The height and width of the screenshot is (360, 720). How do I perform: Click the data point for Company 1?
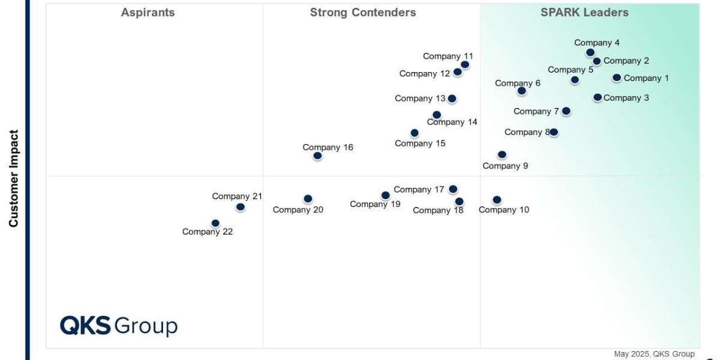[x=617, y=77]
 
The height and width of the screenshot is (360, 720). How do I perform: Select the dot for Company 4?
[x=590, y=53]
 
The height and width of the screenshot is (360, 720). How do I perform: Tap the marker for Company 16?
[x=317, y=156]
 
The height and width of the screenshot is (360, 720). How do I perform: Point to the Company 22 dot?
[x=215, y=224]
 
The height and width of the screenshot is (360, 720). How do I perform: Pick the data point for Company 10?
[x=497, y=200]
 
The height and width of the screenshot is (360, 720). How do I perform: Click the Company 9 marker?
[x=502, y=155]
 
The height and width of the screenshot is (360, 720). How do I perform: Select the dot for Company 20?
[x=308, y=199]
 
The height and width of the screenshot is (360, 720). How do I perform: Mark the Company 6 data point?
[x=521, y=91]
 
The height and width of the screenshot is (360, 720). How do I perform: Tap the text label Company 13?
[x=420, y=98]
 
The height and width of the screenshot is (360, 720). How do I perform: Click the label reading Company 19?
[x=375, y=204]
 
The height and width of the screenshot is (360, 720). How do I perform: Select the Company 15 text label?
[x=420, y=143]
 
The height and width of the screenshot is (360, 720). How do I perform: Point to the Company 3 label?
[x=626, y=98]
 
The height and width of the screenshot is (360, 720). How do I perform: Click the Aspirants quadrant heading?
[x=148, y=13]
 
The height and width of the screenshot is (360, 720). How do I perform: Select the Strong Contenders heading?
[x=363, y=13]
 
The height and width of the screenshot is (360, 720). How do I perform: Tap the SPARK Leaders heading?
[x=584, y=13]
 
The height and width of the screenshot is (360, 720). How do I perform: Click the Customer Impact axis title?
[x=14, y=179]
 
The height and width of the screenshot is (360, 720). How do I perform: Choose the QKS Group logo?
[x=119, y=326]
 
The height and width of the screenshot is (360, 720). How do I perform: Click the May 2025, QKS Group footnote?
[x=654, y=354]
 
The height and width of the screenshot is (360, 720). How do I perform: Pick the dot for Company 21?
[x=241, y=207]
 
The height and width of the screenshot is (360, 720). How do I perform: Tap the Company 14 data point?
[x=437, y=115]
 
